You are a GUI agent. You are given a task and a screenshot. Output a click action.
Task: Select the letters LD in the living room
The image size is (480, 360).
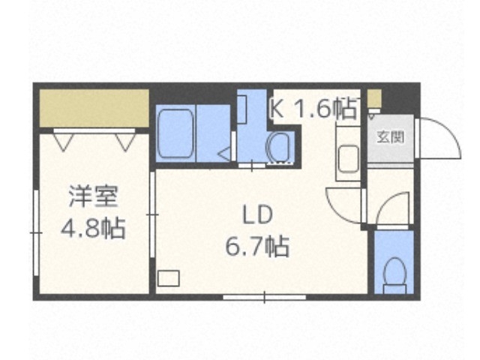click(x=256, y=214)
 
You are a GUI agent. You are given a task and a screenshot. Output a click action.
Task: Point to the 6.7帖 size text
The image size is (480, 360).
click(x=257, y=245)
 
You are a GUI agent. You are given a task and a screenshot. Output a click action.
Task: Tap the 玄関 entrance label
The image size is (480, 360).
click(x=390, y=137)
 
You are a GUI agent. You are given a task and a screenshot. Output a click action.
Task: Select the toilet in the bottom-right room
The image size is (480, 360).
click(x=393, y=274)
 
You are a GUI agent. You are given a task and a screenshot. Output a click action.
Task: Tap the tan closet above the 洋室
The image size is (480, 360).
click(x=93, y=109)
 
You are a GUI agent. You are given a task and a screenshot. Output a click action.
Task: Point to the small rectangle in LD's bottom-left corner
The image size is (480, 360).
click(x=169, y=278)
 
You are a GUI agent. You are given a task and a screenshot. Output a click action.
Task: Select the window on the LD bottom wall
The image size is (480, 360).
click(x=264, y=298)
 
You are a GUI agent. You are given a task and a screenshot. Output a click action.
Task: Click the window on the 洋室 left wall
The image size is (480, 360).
click(x=35, y=232)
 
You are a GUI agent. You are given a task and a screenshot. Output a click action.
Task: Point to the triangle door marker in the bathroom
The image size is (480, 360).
click(x=224, y=154)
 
